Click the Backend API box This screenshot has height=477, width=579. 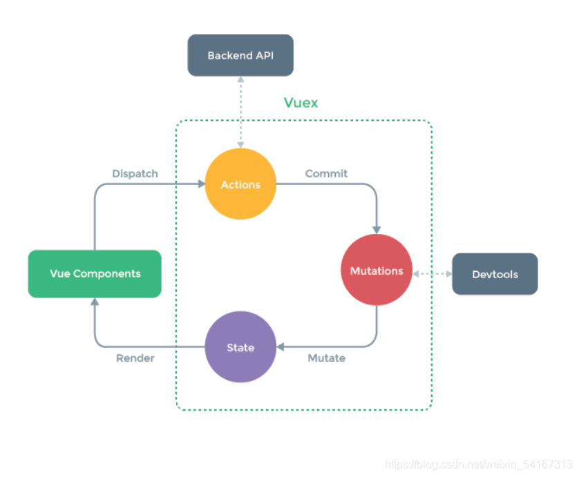(x=240, y=55)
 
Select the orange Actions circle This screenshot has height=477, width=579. (x=240, y=184)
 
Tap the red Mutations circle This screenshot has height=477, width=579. (x=377, y=271)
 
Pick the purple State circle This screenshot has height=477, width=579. (x=240, y=347)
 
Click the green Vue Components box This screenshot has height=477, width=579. (x=95, y=274)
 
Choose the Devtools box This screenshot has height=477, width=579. (x=495, y=274)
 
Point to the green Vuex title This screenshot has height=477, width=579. (x=301, y=103)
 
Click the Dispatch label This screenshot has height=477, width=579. (x=135, y=174)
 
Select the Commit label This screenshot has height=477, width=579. (x=326, y=174)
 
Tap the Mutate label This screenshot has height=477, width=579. (x=326, y=358)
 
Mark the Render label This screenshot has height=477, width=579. (x=135, y=358)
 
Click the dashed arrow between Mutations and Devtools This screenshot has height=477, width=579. (x=432, y=274)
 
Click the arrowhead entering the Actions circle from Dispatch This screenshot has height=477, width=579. (x=201, y=184)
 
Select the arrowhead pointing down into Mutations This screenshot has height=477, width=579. (x=377, y=229)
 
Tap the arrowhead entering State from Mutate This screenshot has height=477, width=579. (x=281, y=347)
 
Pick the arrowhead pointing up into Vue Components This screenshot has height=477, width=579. (x=95, y=302)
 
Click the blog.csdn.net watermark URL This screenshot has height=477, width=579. (x=478, y=464)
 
